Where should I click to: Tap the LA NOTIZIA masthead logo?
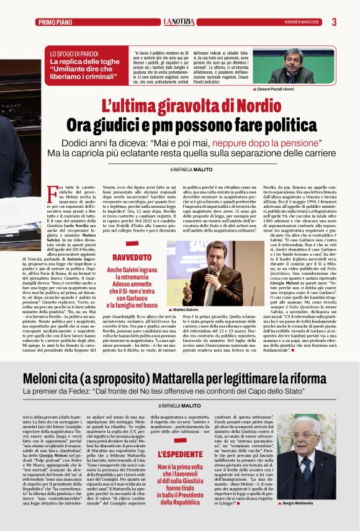pyautogui.click(x=179, y=22)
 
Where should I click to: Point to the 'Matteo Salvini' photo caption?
pyautogui.click(x=187, y=309)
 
